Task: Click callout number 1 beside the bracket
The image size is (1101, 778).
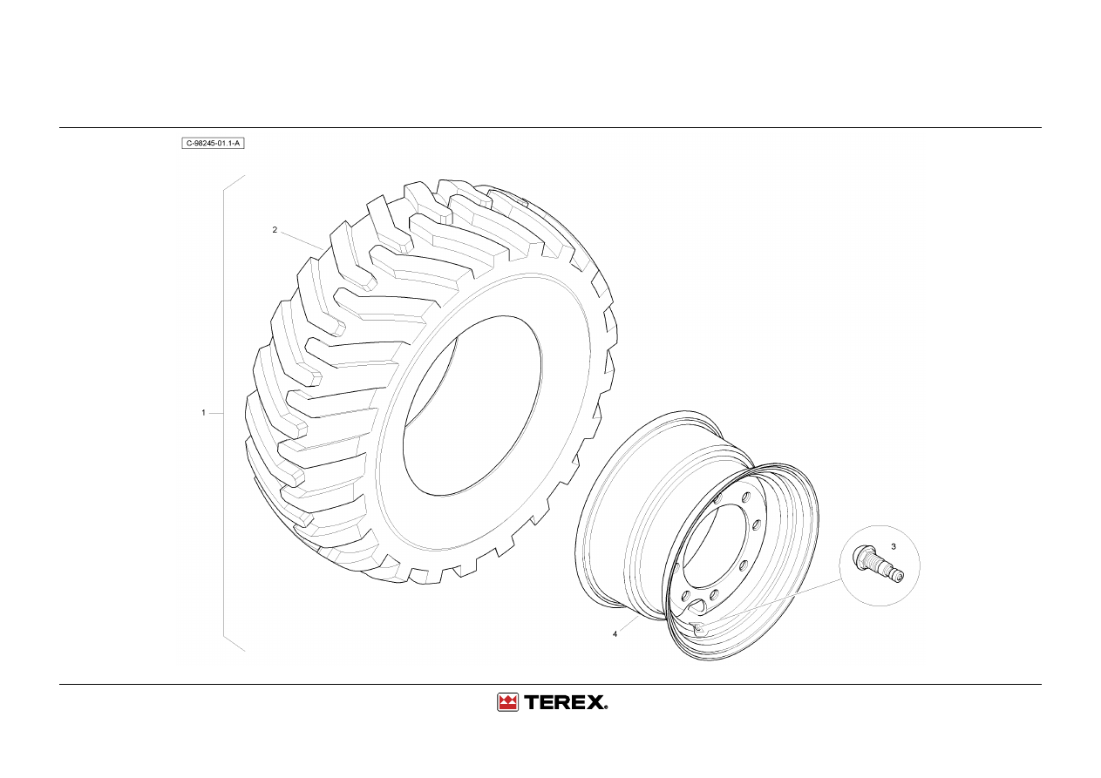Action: [203, 413]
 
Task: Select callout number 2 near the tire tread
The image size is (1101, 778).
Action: [275, 229]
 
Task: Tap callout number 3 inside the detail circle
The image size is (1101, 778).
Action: [894, 546]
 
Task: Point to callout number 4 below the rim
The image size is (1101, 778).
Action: [615, 634]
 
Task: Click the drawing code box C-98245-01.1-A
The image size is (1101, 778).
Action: [213, 144]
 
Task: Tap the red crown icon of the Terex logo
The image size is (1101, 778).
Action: [507, 702]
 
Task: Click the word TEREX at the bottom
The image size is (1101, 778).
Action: [563, 702]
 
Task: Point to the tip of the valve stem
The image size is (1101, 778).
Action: [899, 578]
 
